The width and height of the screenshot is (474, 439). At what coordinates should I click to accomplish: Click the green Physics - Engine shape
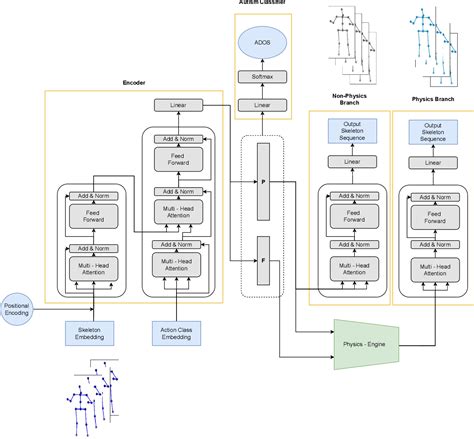pyautogui.click(x=366, y=342)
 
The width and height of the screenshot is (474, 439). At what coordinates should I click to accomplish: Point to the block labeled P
pyautogui.click(x=264, y=183)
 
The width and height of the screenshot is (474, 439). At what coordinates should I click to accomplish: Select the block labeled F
pyautogui.click(x=264, y=259)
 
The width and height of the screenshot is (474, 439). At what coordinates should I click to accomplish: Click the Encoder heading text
pyautogui.click(x=135, y=82)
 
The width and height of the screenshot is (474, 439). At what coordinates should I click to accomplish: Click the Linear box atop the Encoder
pyautogui.click(x=176, y=105)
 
